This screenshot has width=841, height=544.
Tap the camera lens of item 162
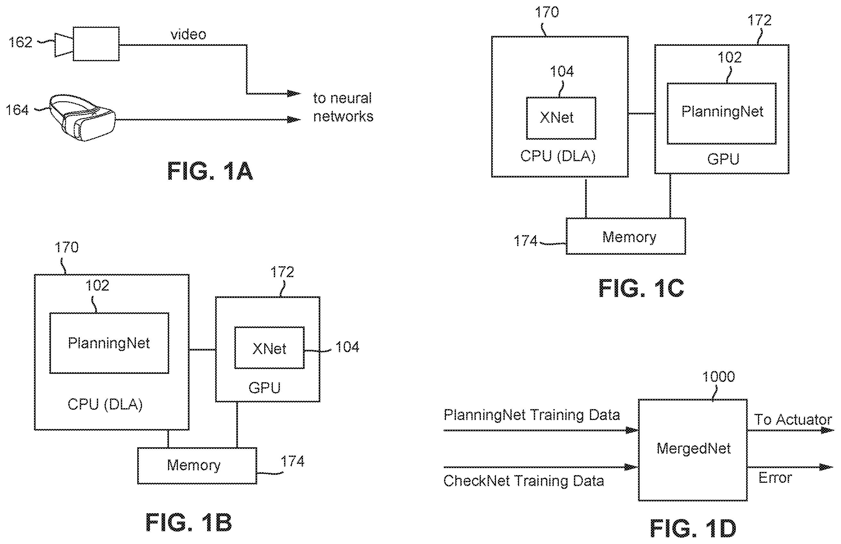64,45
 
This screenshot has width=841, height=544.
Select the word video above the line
188,35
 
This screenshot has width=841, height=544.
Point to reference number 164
17,110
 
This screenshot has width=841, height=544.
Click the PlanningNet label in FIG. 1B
109,343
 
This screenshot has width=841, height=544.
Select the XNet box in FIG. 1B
270,348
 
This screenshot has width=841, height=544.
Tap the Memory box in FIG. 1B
197,466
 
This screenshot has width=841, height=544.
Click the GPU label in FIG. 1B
264,388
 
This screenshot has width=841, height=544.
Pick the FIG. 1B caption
189,523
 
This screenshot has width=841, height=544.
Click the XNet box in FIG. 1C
561,118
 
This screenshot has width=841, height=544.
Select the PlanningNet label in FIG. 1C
722,111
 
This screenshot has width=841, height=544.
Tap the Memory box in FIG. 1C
626,236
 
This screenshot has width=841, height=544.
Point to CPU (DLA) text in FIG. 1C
558,156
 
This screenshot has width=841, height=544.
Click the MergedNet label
693,448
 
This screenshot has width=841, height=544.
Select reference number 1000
719,377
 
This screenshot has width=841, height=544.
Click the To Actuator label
793,420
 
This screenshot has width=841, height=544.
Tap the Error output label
775,478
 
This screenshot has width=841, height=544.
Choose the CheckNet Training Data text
524,481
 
